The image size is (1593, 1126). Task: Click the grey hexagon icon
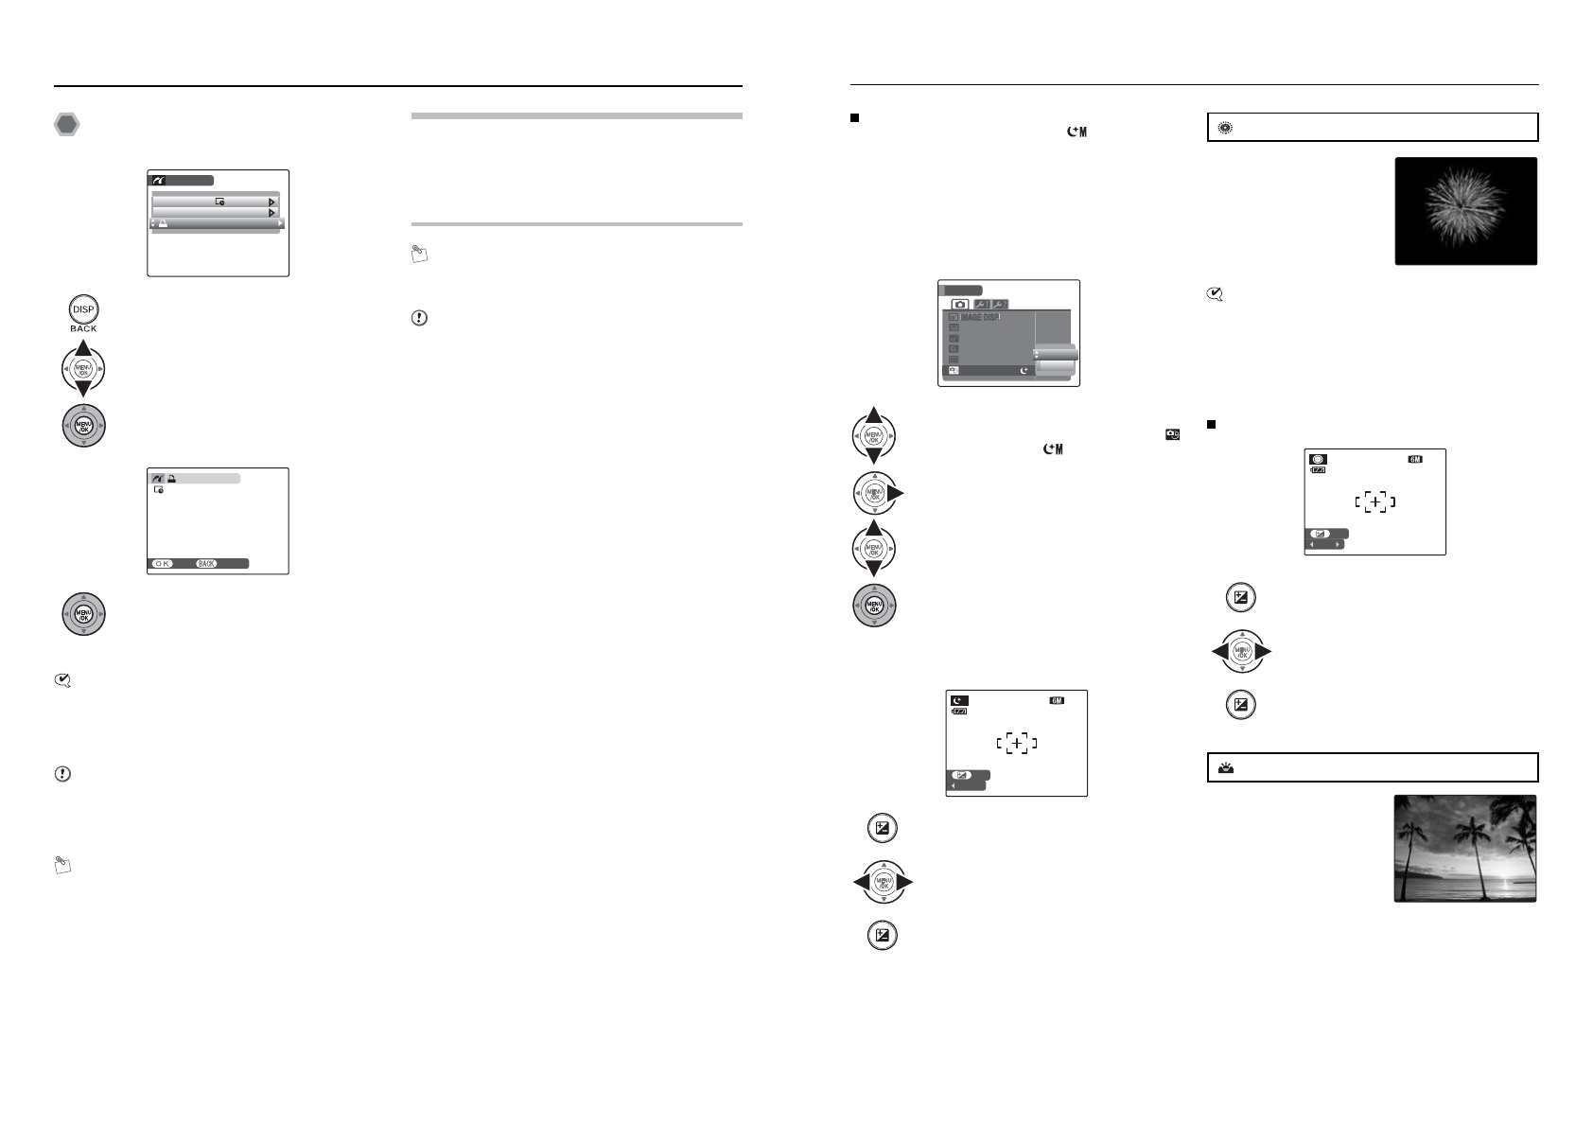click(x=66, y=124)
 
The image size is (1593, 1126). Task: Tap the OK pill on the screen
click(x=163, y=563)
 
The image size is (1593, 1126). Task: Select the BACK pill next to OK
click(x=207, y=563)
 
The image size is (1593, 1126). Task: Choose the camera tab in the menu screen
click(x=960, y=304)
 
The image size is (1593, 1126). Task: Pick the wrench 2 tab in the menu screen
click(x=999, y=304)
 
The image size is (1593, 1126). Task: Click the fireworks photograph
click(x=1465, y=211)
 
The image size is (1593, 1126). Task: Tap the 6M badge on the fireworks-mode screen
click(x=1415, y=460)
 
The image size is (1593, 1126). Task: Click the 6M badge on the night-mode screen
click(x=1057, y=701)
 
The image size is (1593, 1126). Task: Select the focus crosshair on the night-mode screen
click(x=1016, y=744)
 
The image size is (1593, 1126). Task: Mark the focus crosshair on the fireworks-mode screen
click(x=1374, y=502)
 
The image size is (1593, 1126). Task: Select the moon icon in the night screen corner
click(x=960, y=701)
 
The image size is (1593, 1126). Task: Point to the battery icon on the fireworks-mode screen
click(x=1318, y=470)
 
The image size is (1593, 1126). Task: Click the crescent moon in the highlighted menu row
click(x=1024, y=371)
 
